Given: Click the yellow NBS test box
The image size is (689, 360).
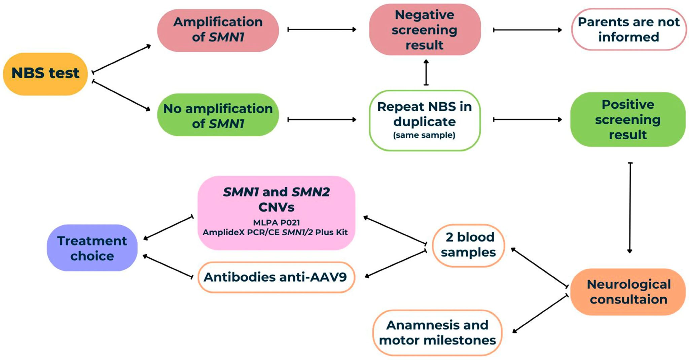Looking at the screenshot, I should tap(45, 74).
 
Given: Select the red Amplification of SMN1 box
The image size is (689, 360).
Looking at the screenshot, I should tap(218, 30).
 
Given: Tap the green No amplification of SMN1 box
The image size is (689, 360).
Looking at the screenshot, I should tap(218, 115).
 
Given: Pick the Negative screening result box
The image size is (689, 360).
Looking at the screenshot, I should tap(425, 30).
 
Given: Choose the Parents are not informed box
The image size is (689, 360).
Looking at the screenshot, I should tap(628, 30).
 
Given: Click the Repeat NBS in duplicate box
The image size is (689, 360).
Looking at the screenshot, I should tap(425, 120).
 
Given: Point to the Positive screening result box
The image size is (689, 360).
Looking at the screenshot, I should tap(628, 119).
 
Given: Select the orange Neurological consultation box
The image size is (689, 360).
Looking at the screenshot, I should tap(628, 292).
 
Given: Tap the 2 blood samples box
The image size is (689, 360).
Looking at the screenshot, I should tap(468, 245).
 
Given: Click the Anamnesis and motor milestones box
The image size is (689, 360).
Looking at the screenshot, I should tap(437, 332).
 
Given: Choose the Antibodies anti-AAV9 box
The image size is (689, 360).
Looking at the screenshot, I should tap(276, 277).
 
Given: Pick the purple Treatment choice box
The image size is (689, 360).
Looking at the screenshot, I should tap(92, 248).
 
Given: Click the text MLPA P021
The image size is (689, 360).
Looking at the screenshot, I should tap(276, 222).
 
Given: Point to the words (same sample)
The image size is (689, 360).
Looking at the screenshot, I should tap(424, 135).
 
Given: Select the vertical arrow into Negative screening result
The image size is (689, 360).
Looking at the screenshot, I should tap(426, 72).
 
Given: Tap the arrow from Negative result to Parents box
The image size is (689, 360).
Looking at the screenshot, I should tap(527, 30).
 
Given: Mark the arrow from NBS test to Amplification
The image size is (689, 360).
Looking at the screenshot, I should tap(121, 59).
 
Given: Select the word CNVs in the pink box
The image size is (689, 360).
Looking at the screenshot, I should tap(276, 207).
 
